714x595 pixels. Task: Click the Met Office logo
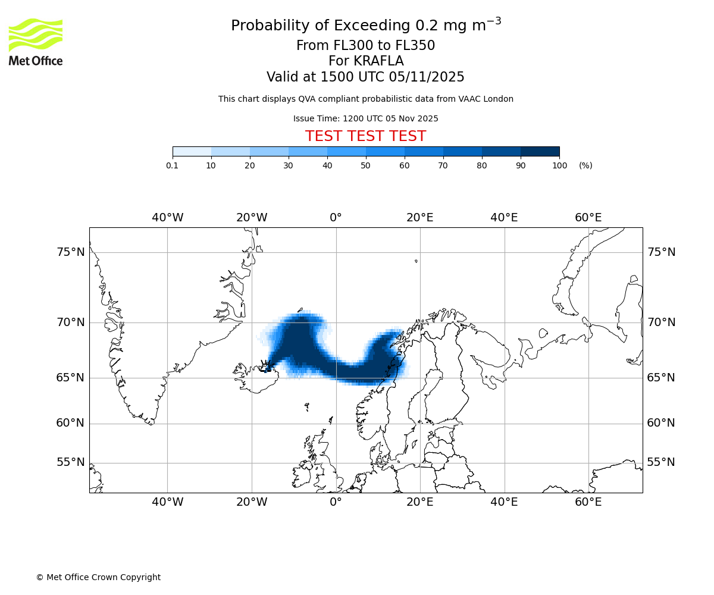click(36, 42)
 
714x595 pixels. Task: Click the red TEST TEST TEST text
click(365, 136)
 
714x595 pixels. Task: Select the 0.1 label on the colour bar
click(173, 165)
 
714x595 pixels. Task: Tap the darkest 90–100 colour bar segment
click(540, 151)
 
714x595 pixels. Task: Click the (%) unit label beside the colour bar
click(585, 165)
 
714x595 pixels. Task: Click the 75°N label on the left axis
click(71, 252)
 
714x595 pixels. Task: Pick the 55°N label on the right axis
click(661, 462)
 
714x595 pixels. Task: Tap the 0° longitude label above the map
click(336, 218)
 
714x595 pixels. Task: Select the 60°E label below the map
click(588, 502)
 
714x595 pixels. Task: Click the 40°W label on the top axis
click(167, 218)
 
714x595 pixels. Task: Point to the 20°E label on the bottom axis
click(420, 502)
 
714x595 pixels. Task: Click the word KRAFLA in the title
click(378, 61)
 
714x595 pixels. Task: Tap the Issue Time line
click(365, 118)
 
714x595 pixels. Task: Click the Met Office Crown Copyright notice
click(98, 577)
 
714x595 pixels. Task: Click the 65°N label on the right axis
click(661, 378)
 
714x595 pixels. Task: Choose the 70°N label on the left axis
click(71, 322)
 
